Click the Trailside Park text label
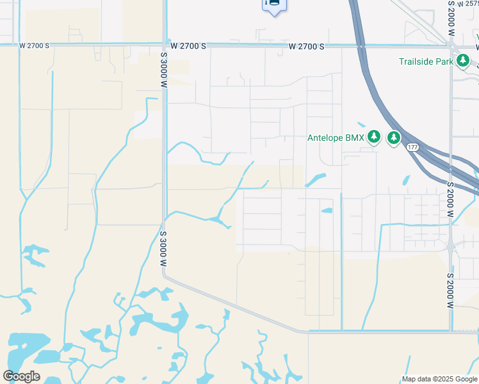click(x=426, y=61)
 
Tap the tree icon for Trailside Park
click(x=463, y=61)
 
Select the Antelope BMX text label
click(x=336, y=137)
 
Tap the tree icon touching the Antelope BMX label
click(x=374, y=136)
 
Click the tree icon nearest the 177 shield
click(x=393, y=137)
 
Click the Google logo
click(x=21, y=376)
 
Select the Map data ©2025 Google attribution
click(x=439, y=379)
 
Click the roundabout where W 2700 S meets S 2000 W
click(x=451, y=45)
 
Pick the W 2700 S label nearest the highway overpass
click(x=306, y=47)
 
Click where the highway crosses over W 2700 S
click(x=362, y=46)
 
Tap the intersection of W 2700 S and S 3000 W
click(x=165, y=45)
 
